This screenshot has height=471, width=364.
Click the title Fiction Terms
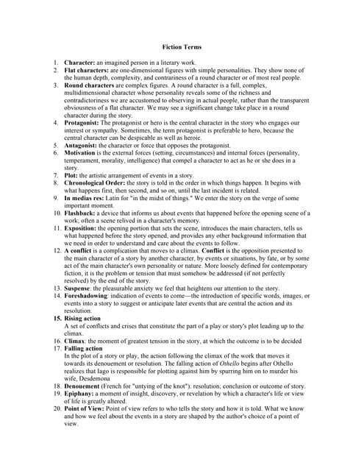182,47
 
